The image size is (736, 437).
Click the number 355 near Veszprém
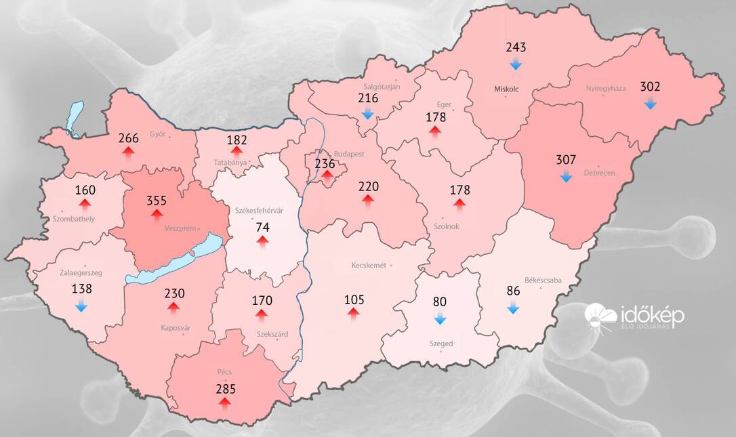157,201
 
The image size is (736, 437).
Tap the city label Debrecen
599,173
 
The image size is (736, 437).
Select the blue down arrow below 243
516,64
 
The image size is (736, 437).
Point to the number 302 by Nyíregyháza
650,87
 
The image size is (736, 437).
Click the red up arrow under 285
224,403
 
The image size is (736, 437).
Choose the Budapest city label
348,154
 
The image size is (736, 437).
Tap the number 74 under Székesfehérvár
262,227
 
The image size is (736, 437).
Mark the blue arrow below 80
440,319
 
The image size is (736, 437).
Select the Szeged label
441,344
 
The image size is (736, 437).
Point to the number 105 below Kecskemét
354,299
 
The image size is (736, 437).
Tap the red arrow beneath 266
128,152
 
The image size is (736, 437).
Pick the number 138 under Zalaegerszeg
81,289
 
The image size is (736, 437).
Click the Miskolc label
506,89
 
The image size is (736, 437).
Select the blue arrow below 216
368,113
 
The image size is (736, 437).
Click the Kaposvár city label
177,328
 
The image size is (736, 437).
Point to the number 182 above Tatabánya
237,140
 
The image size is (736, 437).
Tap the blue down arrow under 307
566,178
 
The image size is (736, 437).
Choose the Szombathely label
74,219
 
